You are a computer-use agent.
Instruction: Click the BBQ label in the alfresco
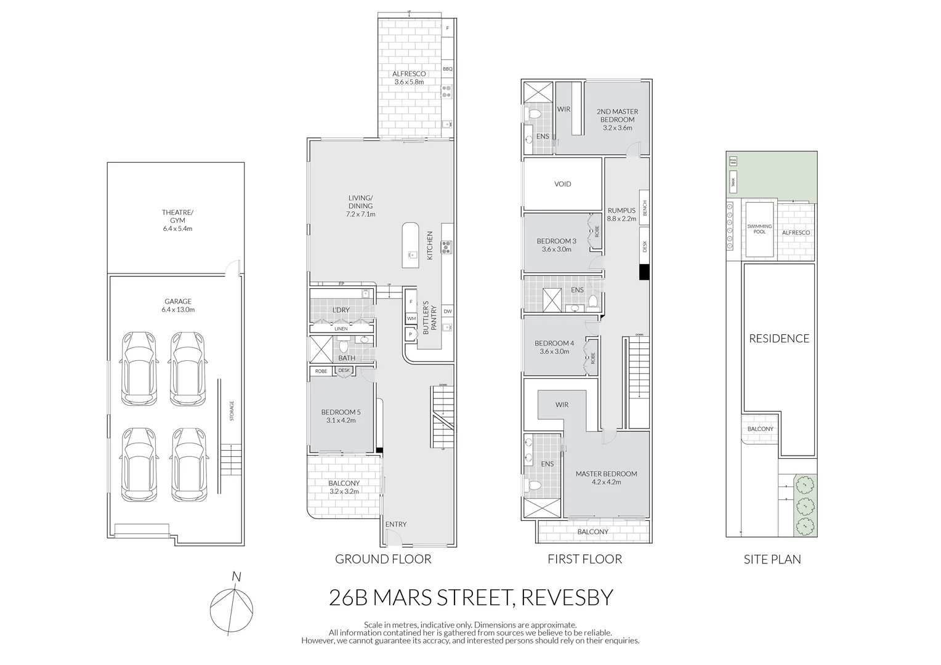coord(447,69)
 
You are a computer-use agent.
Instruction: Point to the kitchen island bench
coord(411,245)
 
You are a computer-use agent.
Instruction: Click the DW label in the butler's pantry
coord(447,312)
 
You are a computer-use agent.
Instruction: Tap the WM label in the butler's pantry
coord(411,318)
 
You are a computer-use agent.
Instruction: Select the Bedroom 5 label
coord(341,416)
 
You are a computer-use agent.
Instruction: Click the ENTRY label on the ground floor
coord(395,525)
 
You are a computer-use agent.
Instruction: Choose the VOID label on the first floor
coord(562,184)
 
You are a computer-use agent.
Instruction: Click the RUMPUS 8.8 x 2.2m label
coord(621,214)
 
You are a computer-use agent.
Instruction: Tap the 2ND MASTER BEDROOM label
coord(616,119)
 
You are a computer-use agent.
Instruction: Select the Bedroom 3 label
coord(556,245)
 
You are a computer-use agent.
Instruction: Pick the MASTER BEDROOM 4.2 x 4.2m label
coord(606,478)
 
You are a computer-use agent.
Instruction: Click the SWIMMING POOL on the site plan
coord(759,229)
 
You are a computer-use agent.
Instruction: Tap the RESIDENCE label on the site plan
coord(778,339)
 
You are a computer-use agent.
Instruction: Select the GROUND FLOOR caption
coord(382,559)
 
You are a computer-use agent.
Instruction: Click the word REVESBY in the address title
coord(567,597)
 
